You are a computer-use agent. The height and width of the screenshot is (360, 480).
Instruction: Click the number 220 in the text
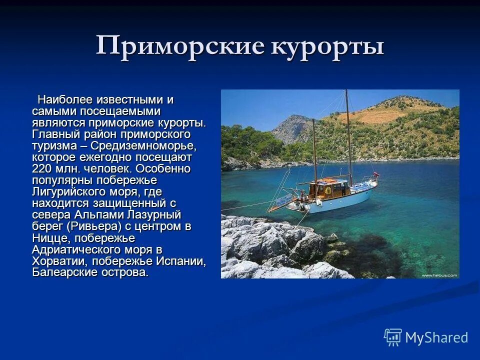click(x=42, y=168)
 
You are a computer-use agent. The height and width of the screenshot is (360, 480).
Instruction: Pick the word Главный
click(x=53, y=134)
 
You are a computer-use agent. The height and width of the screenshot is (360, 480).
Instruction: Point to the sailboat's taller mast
click(x=347, y=140)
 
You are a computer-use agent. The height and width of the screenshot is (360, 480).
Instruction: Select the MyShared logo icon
click(x=393, y=337)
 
